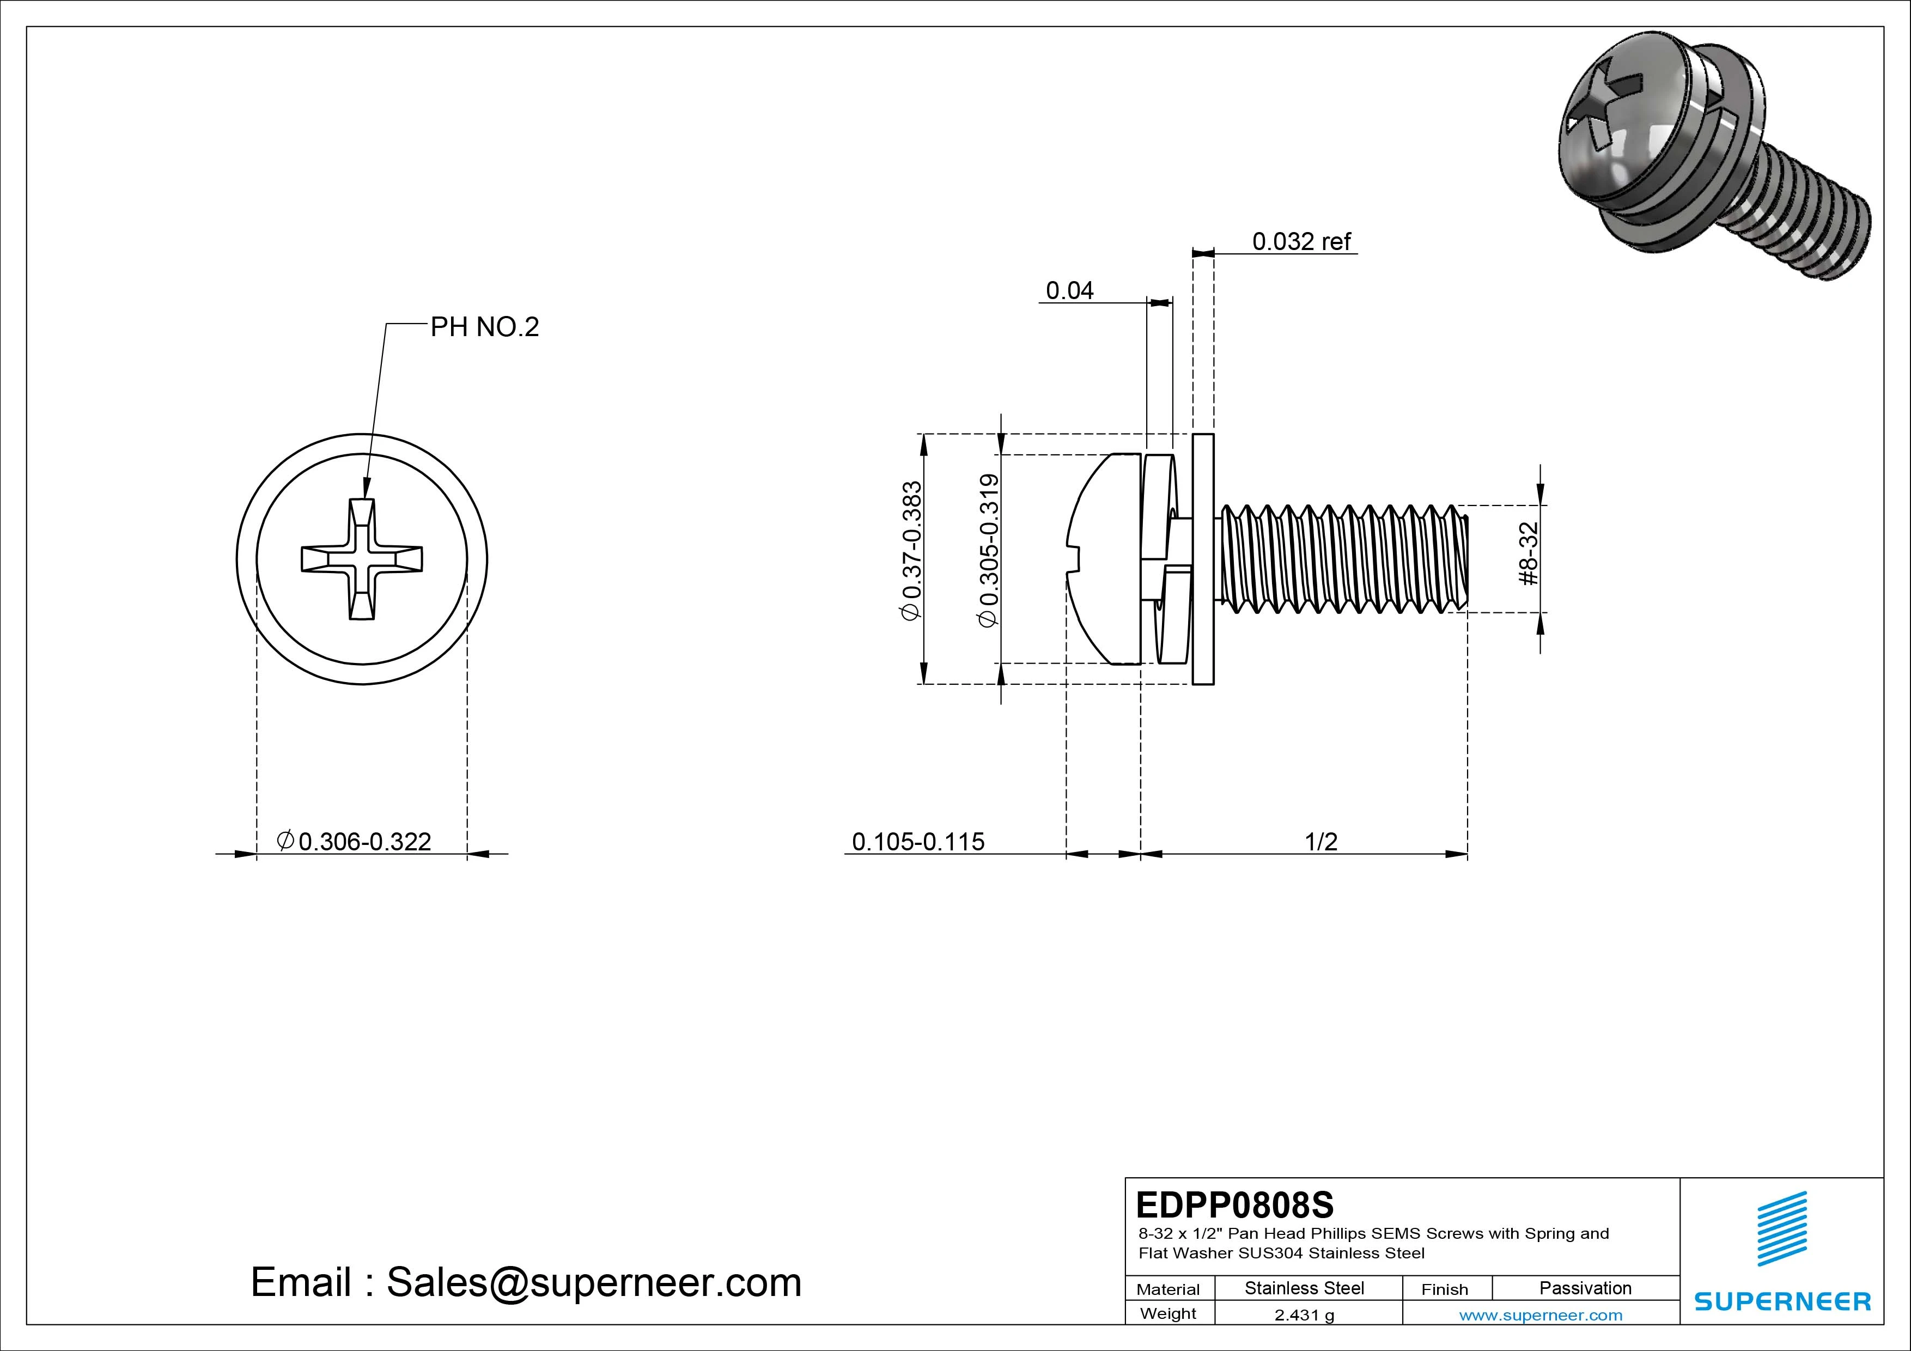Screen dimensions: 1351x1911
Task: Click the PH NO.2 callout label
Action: tap(484, 327)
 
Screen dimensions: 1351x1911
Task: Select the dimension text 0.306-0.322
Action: tap(364, 842)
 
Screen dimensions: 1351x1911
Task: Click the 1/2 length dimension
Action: tap(1321, 842)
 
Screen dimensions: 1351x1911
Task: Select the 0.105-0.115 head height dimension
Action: tap(918, 842)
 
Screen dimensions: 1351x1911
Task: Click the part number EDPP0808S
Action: tap(1234, 1204)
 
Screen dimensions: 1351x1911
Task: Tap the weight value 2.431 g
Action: tap(1304, 1315)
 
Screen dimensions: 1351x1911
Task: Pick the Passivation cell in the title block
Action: tap(1585, 1288)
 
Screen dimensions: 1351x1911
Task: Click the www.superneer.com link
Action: tap(1541, 1315)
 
